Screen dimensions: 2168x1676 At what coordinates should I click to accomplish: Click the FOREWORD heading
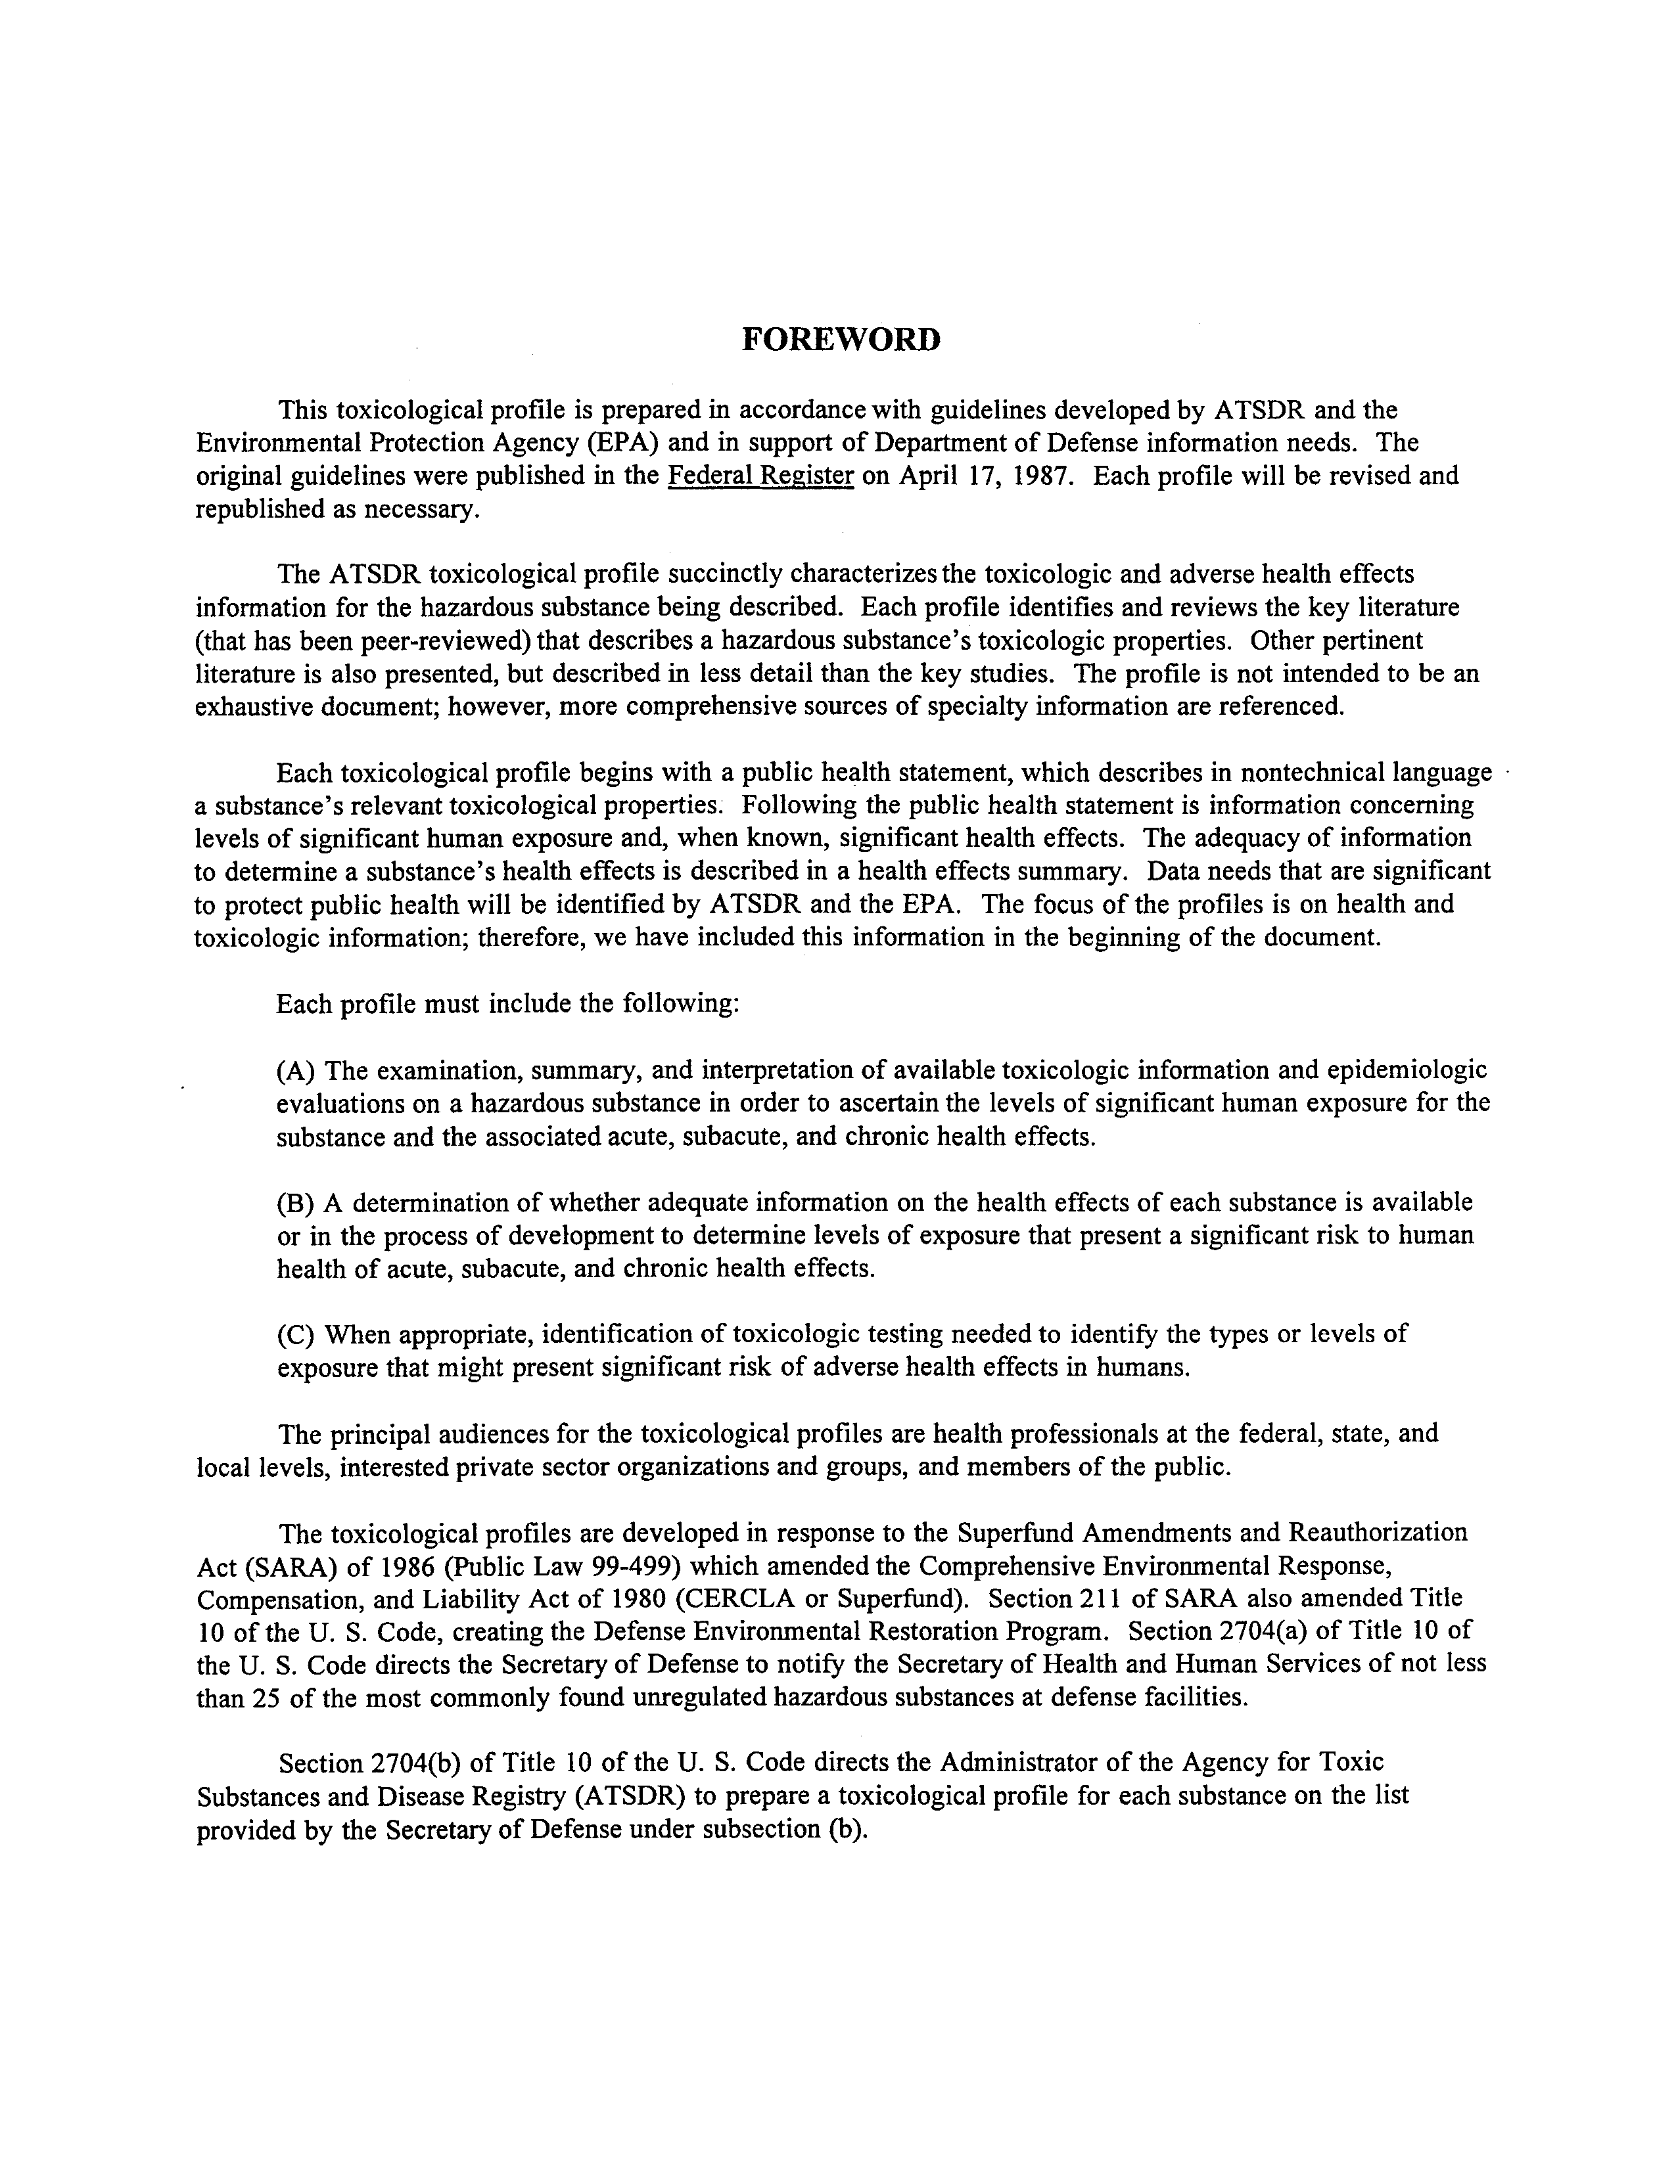pyautogui.click(x=841, y=340)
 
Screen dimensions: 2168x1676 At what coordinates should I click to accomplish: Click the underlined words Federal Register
pyautogui.click(x=762, y=476)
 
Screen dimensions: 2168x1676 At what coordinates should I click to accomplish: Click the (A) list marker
pyautogui.click(x=296, y=1070)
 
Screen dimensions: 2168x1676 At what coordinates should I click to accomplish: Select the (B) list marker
pyautogui.click(x=296, y=1202)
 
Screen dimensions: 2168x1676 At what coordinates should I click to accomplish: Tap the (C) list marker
pyautogui.click(x=296, y=1333)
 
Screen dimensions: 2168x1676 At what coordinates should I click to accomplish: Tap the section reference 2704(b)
pyautogui.click(x=416, y=1763)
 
